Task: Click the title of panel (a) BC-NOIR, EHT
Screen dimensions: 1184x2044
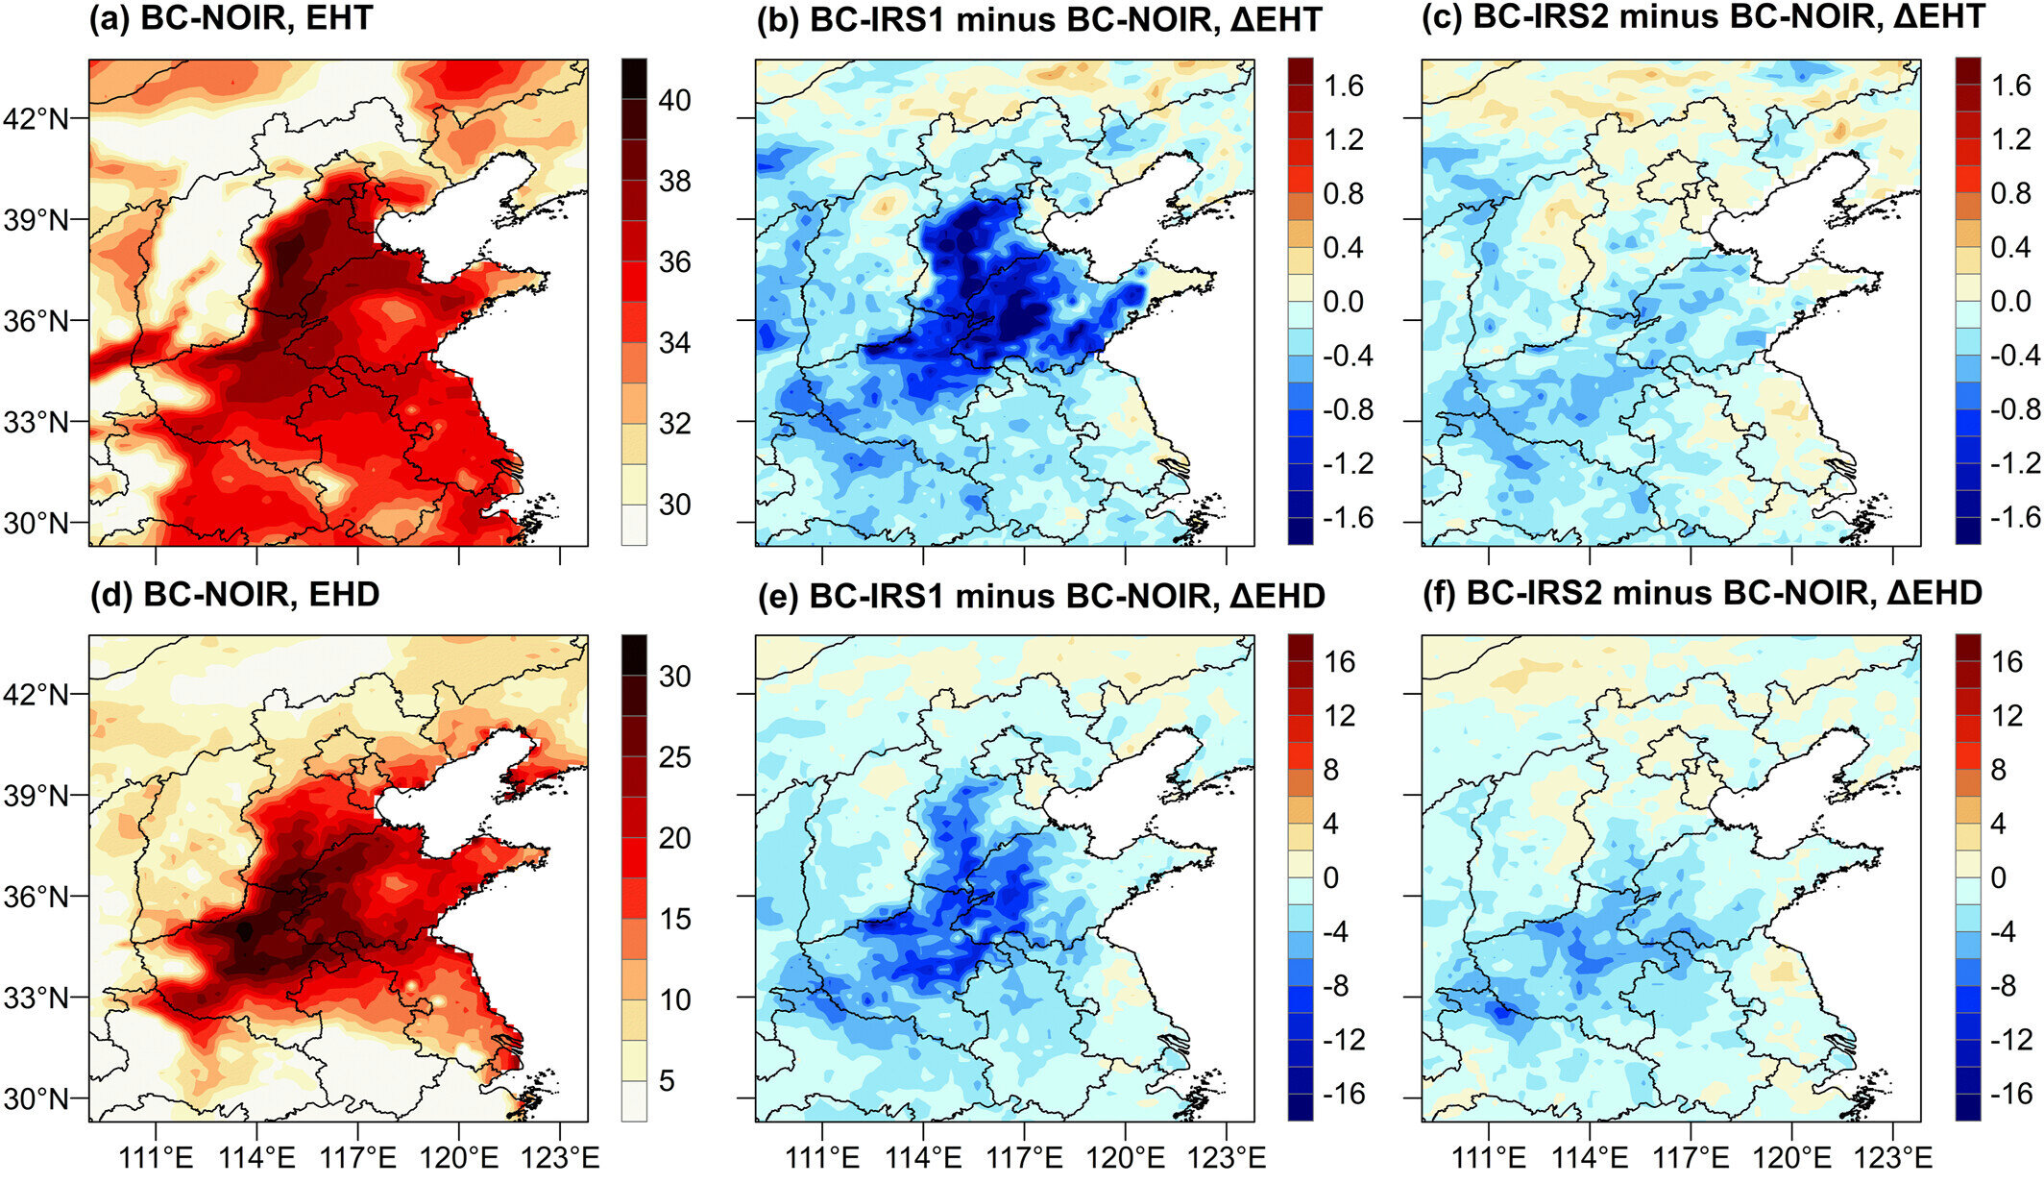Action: coord(231,18)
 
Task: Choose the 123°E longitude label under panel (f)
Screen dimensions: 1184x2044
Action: coord(1892,1157)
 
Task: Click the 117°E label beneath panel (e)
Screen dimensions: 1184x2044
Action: coord(1024,1157)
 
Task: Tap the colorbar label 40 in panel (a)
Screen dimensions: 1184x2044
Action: coord(674,100)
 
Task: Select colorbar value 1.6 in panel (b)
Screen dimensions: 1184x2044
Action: coord(1343,86)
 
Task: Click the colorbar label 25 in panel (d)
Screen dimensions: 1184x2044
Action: coord(674,757)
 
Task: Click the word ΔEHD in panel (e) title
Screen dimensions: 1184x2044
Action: coord(1277,596)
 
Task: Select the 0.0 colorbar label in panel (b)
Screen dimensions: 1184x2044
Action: coord(1343,302)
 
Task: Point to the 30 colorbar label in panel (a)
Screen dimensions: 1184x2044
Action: coord(674,505)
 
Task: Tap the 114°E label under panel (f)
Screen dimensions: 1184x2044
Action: coord(1590,1157)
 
